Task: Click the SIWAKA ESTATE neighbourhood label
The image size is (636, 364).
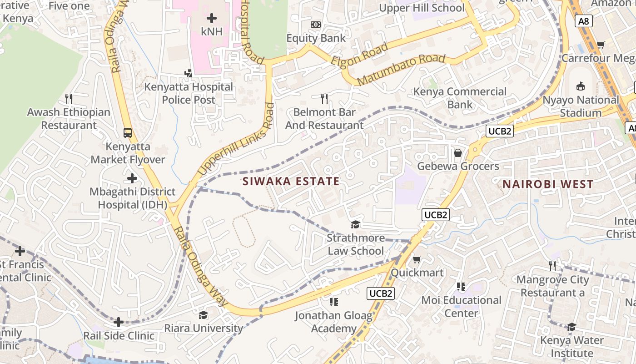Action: click(291, 182)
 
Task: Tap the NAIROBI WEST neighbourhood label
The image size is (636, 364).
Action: click(548, 184)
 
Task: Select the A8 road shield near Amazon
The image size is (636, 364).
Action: click(584, 20)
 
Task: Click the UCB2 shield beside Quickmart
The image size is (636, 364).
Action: click(381, 293)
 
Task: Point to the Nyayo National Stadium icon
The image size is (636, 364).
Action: click(580, 86)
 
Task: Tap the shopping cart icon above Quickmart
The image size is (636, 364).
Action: click(417, 259)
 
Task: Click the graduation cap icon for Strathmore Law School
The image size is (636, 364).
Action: click(355, 224)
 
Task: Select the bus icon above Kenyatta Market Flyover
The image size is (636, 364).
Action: click(128, 133)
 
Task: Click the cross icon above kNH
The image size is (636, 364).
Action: click(212, 18)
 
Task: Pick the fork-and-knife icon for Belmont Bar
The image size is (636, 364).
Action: click(324, 98)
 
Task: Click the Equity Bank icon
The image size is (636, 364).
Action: click(315, 25)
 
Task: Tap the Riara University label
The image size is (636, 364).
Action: click(204, 328)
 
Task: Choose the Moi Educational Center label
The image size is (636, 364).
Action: click(461, 307)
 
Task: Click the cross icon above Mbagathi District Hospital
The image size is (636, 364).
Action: click(132, 178)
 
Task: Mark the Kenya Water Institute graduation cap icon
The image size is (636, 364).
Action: click(571, 327)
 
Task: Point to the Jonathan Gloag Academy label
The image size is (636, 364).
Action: click(333, 322)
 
